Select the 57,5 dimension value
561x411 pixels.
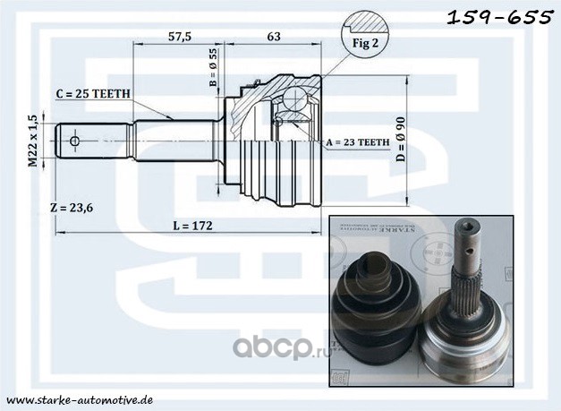(x=180, y=37)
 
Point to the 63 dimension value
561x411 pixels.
(x=275, y=37)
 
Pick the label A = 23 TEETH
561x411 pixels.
(x=357, y=142)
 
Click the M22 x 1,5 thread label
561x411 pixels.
(x=32, y=141)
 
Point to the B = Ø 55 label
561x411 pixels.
(x=214, y=68)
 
